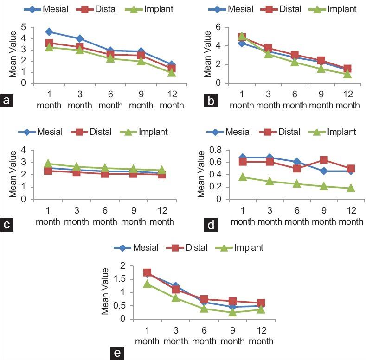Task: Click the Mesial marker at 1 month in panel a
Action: (x=50, y=32)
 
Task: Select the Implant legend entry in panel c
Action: (x=149, y=132)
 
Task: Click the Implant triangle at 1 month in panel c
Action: (x=50, y=164)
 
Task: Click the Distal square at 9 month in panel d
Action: (x=323, y=160)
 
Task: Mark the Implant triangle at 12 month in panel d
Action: (x=351, y=188)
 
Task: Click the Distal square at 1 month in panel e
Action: (x=147, y=273)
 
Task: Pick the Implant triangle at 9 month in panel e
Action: (x=233, y=312)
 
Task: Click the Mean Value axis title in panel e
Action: (x=106, y=291)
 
